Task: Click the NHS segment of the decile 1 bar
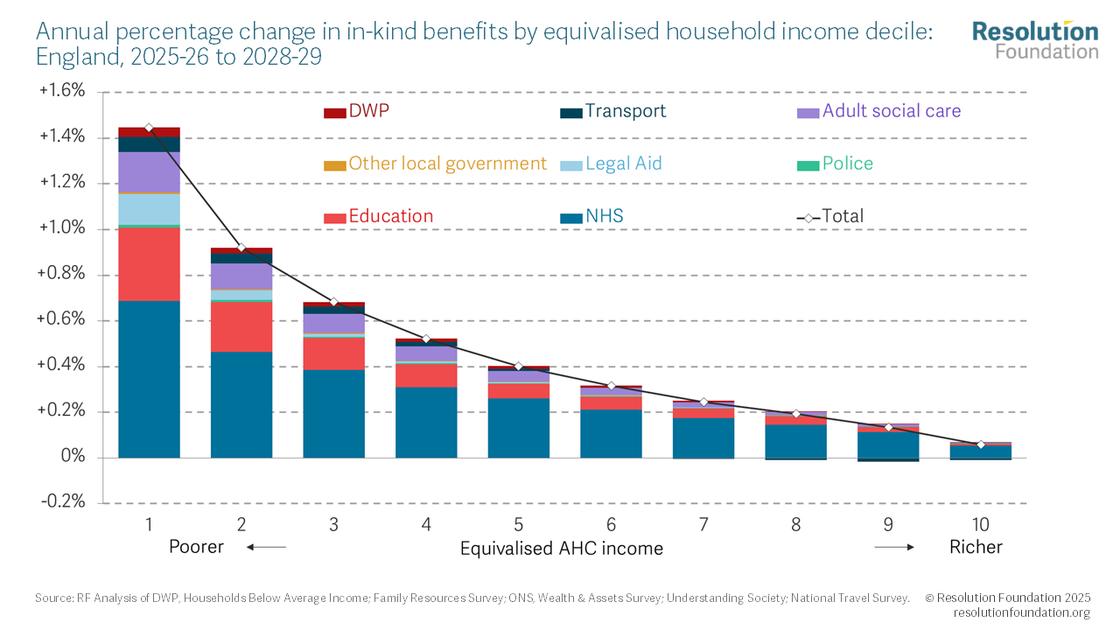coord(149,379)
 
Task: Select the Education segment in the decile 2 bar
coord(241,326)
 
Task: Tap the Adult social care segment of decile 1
coord(149,171)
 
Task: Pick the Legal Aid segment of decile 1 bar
coord(149,209)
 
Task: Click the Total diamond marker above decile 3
coord(333,302)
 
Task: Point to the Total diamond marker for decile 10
coord(981,444)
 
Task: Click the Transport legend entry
coord(612,111)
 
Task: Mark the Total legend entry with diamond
coord(830,216)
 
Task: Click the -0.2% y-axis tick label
coord(63,502)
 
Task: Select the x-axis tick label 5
coord(518,525)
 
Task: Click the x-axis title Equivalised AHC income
coord(561,549)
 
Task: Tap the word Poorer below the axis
coord(196,547)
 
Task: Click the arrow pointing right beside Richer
coord(894,548)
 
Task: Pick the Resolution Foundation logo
coord(1035,39)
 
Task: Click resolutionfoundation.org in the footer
coord(1021,612)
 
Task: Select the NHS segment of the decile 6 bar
coord(611,433)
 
